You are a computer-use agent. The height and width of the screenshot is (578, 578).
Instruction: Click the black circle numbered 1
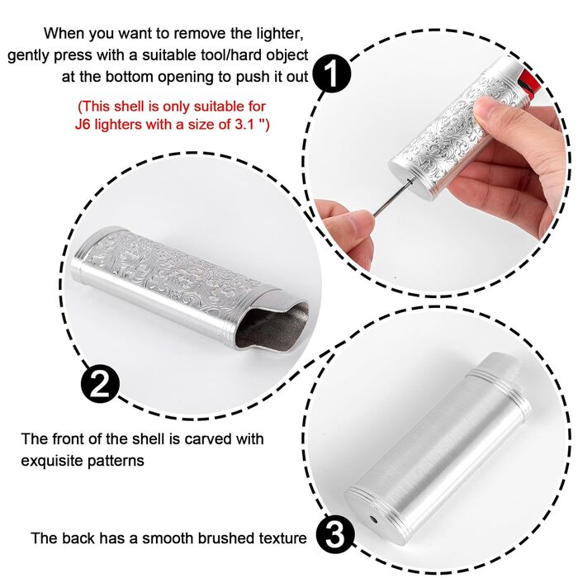tap(331, 74)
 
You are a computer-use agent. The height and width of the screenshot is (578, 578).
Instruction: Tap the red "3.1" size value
tap(244, 124)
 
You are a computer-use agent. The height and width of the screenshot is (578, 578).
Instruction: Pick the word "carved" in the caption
tap(207, 439)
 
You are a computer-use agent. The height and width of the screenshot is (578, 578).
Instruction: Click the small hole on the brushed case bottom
tap(374, 520)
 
